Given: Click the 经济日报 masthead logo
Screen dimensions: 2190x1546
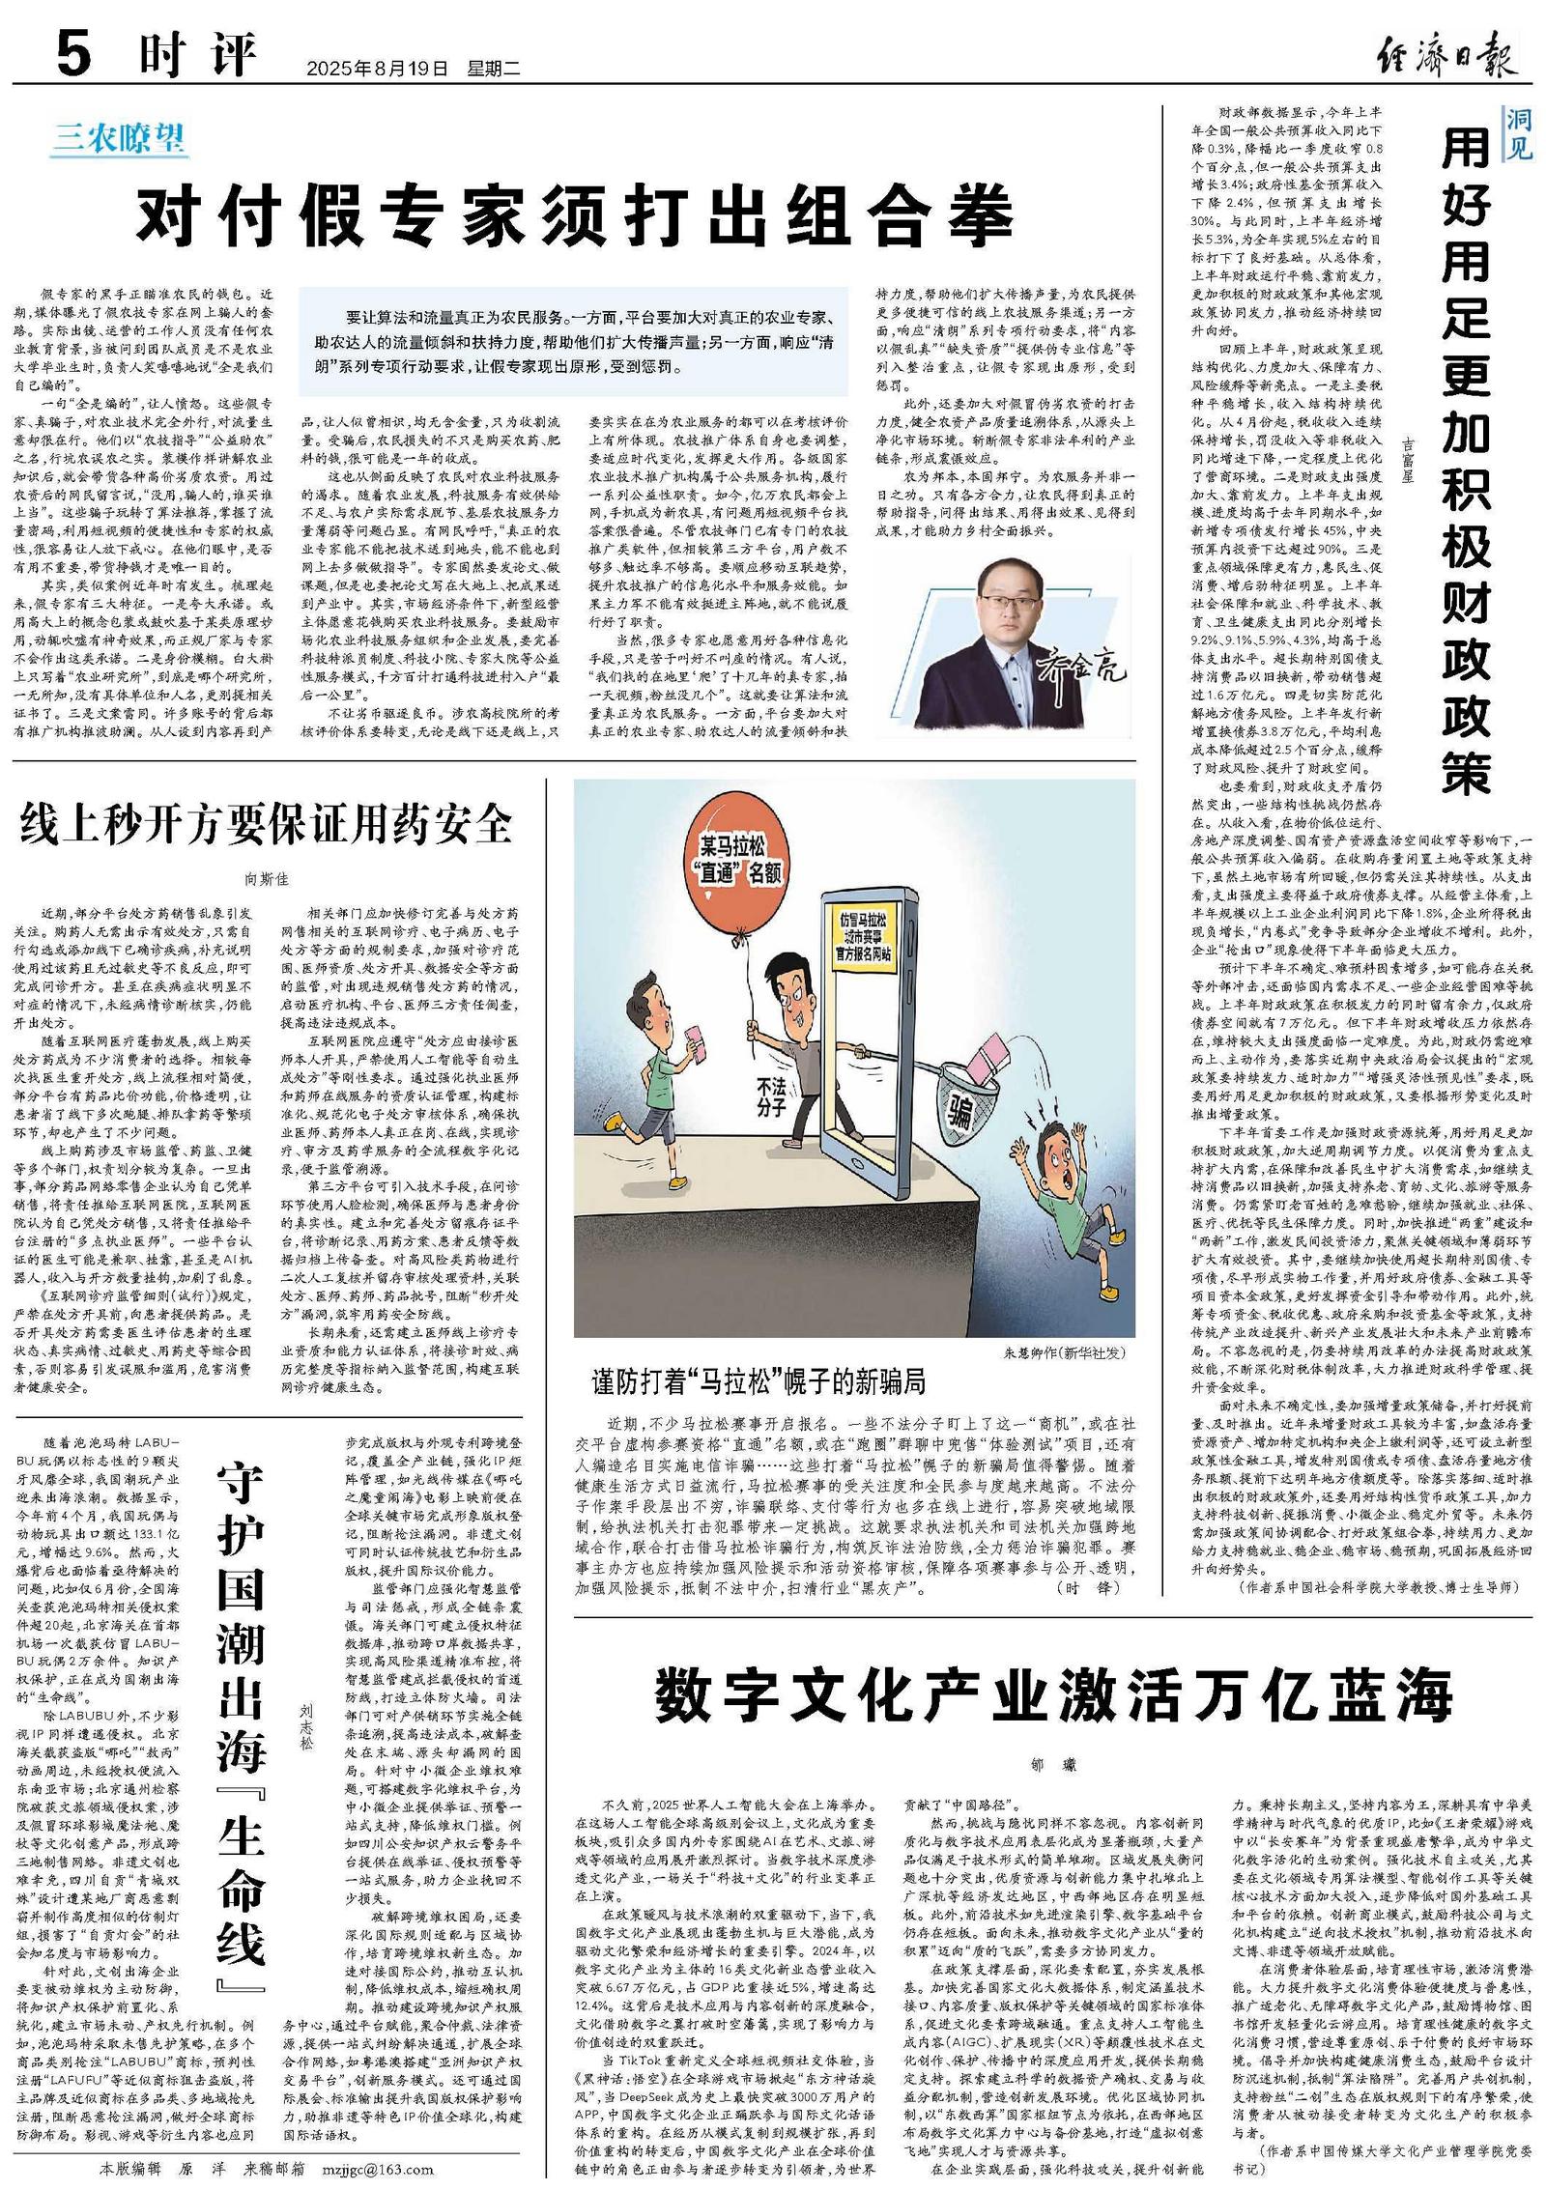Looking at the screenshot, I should pyautogui.click(x=1447, y=54).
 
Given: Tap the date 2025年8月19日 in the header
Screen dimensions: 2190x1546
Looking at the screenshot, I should pyautogui.click(x=378, y=69).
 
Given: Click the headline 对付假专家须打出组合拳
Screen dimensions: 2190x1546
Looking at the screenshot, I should pyautogui.click(x=574, y=214).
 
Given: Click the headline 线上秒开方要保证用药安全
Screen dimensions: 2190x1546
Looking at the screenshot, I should pyautogui.click(x=267, y=824).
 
